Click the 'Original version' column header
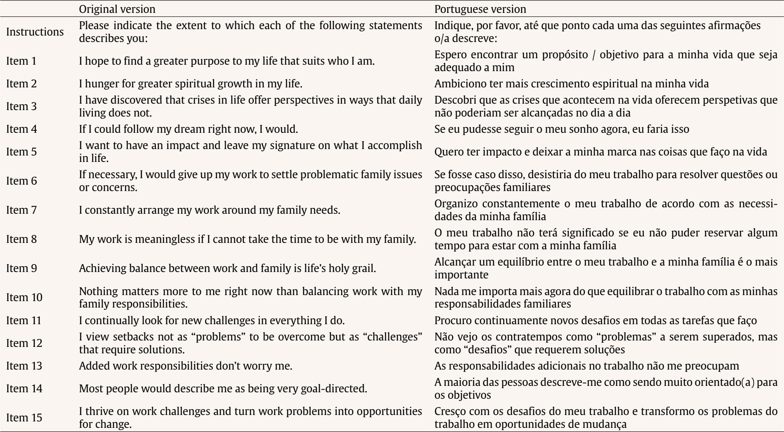coord(117,9)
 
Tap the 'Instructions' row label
coord(35,32)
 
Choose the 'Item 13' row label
coord(23,366)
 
